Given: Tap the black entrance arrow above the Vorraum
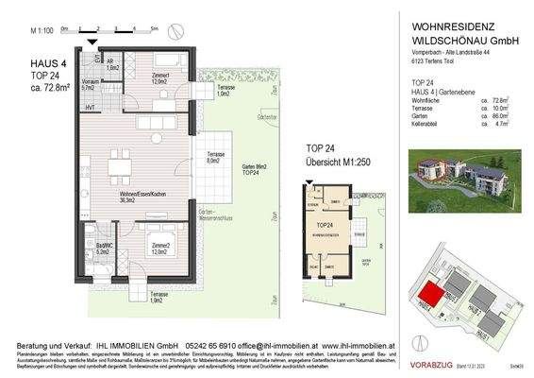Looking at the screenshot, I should point(91,43).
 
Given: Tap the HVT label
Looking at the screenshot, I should point(90,108).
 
